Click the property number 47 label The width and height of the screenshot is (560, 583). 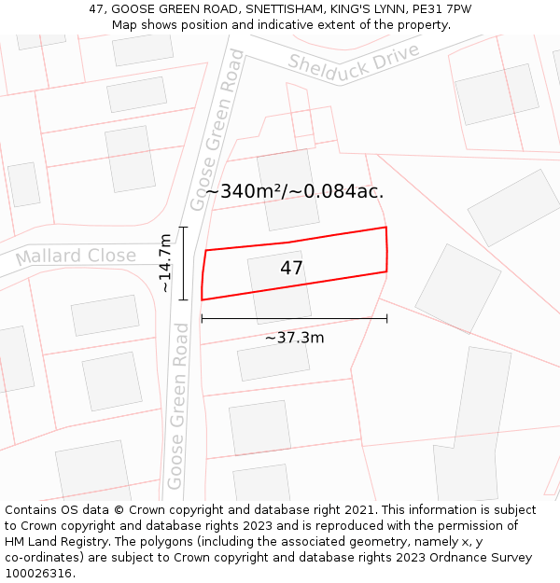click(x=291, y=269)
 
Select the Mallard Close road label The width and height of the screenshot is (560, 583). click(x=75, y=256)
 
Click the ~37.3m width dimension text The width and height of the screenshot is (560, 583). click(x=294, y=338)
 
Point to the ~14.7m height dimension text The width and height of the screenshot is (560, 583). click(x=165, y=263)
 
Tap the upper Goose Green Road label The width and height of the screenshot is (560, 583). click(x=217, y=130)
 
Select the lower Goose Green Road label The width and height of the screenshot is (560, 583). click(x=177, y=407)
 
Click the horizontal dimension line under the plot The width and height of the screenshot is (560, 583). click(x=294, y=319)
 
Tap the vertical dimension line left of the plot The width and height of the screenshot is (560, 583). click(x=184, y=263)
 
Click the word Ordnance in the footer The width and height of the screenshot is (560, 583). click(x=436, y=558)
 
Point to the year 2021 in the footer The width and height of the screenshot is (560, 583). click(x=358, y=510)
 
